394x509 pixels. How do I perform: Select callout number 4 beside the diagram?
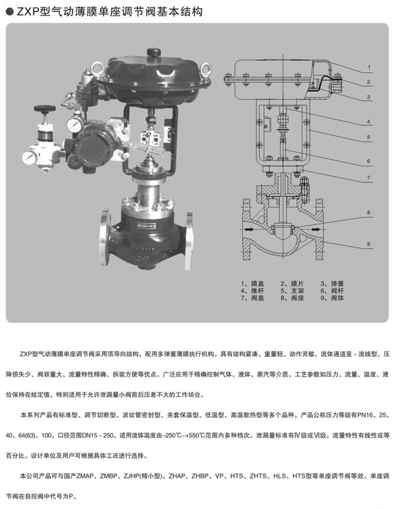tap(369, 121)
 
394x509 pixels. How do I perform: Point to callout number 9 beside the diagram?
tap(369, 244)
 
